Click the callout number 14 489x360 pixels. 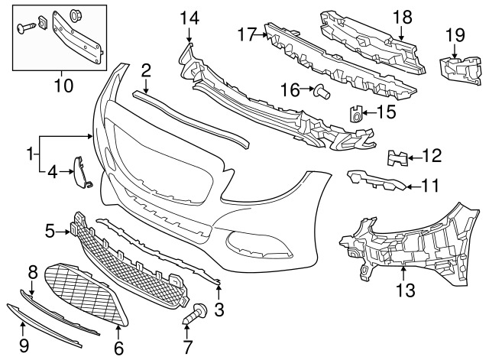(x=190, y=18)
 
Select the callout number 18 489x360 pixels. (x=403, y=17)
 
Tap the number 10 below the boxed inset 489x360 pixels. (x=63, y=85)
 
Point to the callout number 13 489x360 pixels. (x=406, y=290)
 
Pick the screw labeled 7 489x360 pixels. (x=195, y=314)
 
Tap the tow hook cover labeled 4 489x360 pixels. (x=83, y=172)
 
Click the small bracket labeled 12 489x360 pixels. (x=397, y=158)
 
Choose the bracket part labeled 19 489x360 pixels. (x=460, y=70)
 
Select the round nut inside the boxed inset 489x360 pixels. (x=75, y=15)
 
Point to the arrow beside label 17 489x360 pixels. (x=261, y=35)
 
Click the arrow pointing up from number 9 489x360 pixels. (x=22, y=330)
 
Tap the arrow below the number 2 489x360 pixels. (x=146, y=86)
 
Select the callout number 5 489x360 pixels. (x=50, y=231)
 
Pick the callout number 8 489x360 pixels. (x=32, y=273)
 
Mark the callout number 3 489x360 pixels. (x=219, y=310)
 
